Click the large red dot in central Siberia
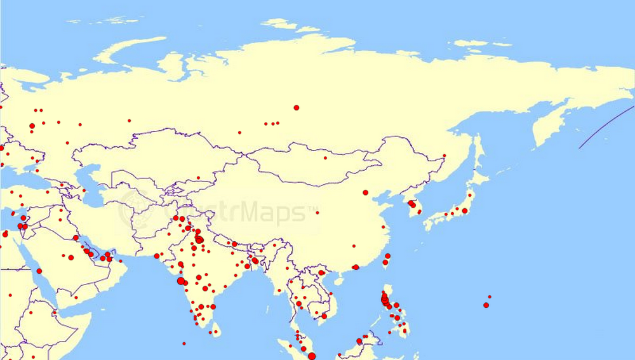296,107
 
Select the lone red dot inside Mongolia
325,157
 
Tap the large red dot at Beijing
365,192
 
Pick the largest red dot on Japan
465,210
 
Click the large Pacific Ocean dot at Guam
486,305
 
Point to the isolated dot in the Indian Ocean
184,343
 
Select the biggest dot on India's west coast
181,281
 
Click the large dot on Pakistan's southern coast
157,256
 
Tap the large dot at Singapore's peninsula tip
311,356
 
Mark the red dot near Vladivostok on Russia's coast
444,156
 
